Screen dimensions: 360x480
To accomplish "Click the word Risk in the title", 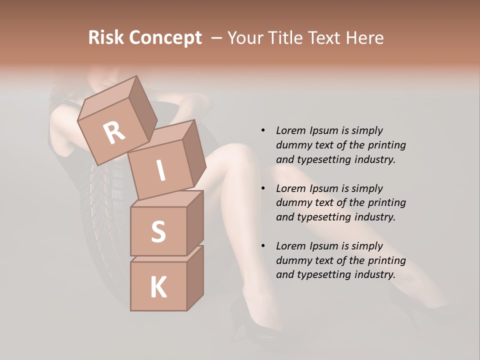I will (x=106, y=38).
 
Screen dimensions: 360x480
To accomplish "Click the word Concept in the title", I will (x=165, y=38).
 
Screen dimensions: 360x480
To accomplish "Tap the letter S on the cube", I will (x=158, y=232).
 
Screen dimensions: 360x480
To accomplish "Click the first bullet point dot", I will (x=263, y=131).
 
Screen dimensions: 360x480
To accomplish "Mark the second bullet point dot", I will (x=263, y=189).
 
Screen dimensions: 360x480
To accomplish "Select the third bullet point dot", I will (x=263, y=246).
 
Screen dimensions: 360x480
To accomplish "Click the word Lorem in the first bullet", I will (x=290, y=131).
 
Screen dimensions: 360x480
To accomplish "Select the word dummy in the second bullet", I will (x=293, y=203).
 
